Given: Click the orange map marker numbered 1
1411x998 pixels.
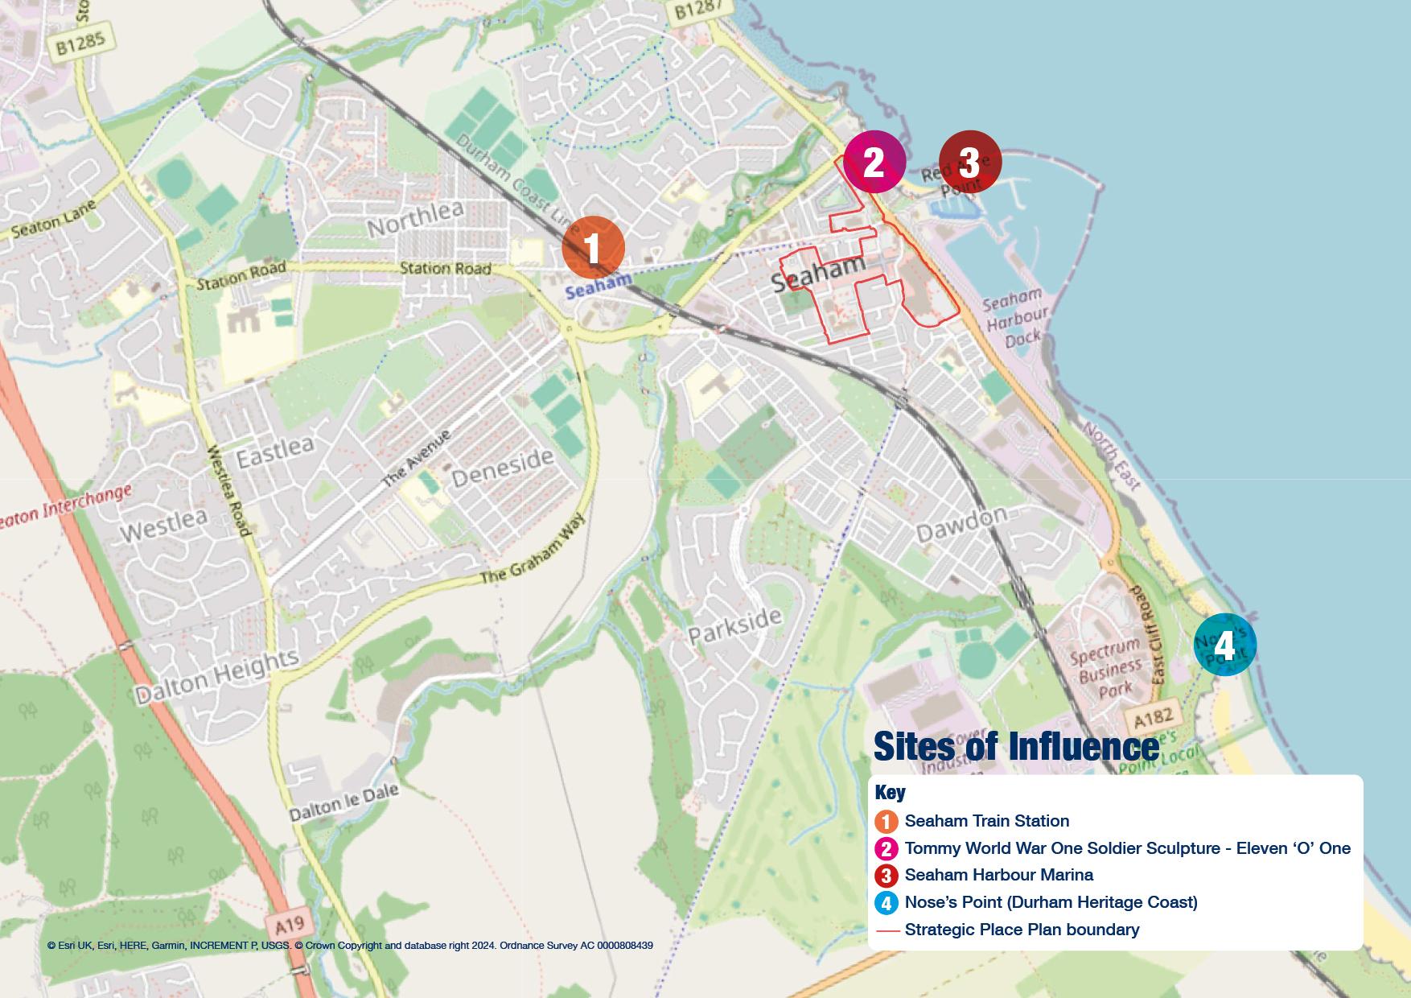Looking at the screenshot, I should coord(593,247).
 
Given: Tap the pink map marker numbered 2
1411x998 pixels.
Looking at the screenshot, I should coord(874,162).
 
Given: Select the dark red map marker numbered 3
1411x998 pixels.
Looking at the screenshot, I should coord(969,162).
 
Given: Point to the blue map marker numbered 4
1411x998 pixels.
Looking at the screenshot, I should coord(1224,644).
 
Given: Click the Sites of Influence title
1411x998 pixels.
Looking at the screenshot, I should coord(1016,747).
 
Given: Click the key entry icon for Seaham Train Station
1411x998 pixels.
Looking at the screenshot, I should coord(886,822).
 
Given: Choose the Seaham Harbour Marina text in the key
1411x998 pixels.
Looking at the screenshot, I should coord(998,875).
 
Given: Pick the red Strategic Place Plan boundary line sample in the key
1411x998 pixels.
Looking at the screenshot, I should coord(887,930).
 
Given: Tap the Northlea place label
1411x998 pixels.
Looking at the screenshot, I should coord(416,219).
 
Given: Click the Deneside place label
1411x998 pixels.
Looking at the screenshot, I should coord(503,467).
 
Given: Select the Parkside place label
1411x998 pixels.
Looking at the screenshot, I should coord(734,625).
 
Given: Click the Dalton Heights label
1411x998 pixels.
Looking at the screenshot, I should coord(216,677).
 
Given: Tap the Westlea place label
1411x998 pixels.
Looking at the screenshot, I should coord(164,525).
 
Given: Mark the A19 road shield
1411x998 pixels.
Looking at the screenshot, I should coord(290,924).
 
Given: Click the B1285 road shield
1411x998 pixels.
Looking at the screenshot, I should coord(80,43).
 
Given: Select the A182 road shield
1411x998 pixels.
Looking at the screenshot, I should coord(1154,717).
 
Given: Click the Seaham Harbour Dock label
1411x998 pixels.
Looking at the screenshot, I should coord(1015,318).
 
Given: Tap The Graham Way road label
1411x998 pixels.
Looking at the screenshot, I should coord(533,551).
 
